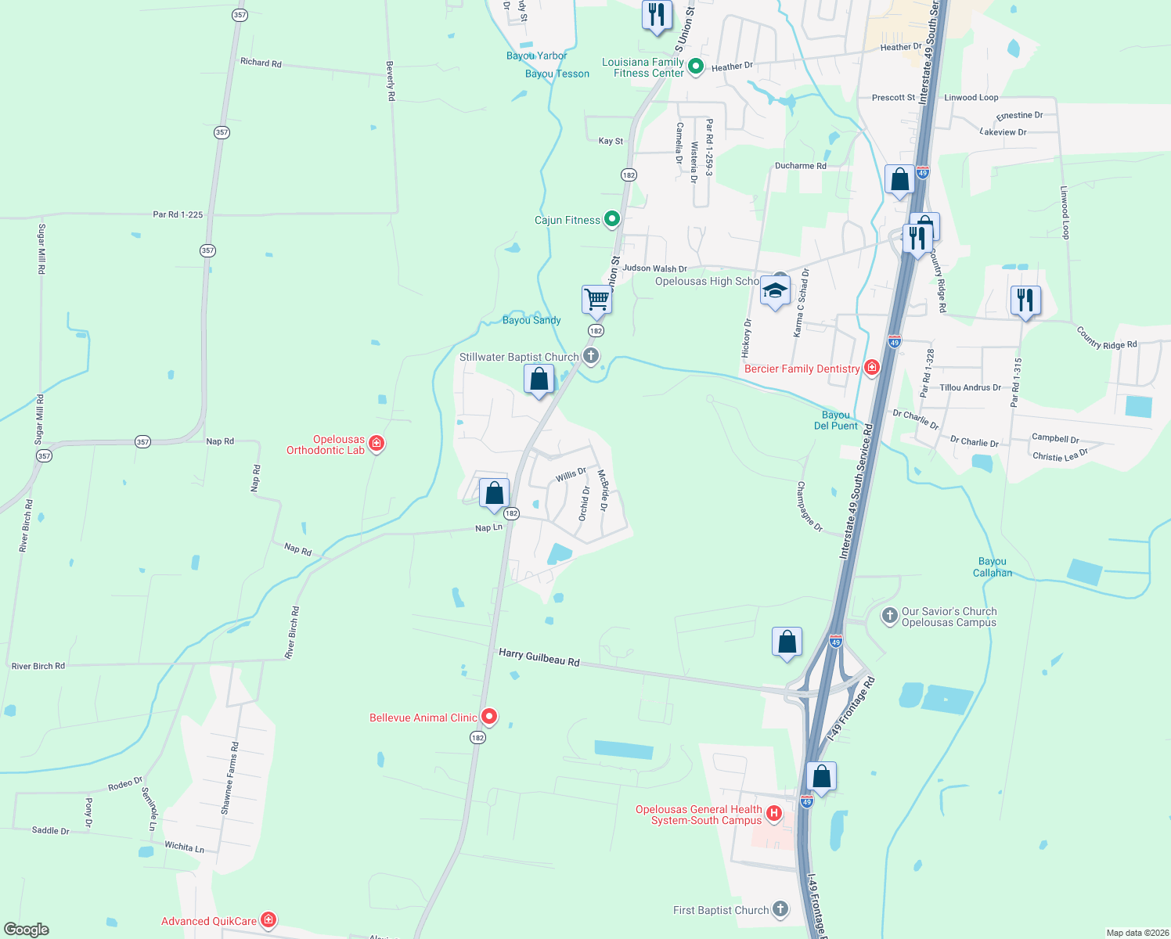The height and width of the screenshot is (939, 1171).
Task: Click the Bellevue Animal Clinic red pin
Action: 489,716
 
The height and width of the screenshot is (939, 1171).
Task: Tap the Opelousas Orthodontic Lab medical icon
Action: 377,444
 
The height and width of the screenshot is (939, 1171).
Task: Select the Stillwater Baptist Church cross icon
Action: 591,356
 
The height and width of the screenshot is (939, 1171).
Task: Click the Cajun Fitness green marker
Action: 612,219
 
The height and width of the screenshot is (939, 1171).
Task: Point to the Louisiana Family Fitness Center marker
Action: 695,67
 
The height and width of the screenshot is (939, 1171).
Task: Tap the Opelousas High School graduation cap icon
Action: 775,291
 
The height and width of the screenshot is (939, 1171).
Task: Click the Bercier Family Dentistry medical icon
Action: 871,368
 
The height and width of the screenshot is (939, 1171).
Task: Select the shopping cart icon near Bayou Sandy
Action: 596,299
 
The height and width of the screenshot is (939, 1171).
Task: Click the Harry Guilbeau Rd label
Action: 539,657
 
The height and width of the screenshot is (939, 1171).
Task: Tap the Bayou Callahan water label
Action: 993,567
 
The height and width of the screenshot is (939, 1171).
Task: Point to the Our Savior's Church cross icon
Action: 889,616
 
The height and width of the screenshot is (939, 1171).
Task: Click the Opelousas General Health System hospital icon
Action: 774,814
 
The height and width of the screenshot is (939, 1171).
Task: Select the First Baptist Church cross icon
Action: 780,909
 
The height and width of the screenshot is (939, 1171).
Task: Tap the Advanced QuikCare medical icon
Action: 268,920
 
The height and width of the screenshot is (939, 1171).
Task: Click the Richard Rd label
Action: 261,63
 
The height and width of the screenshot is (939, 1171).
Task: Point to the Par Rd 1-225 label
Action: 178,214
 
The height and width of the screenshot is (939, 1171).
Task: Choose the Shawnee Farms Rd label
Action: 230,779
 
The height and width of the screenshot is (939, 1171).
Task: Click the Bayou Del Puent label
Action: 836,421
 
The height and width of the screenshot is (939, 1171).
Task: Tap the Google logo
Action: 27,929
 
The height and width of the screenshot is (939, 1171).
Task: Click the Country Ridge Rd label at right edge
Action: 1107,338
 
